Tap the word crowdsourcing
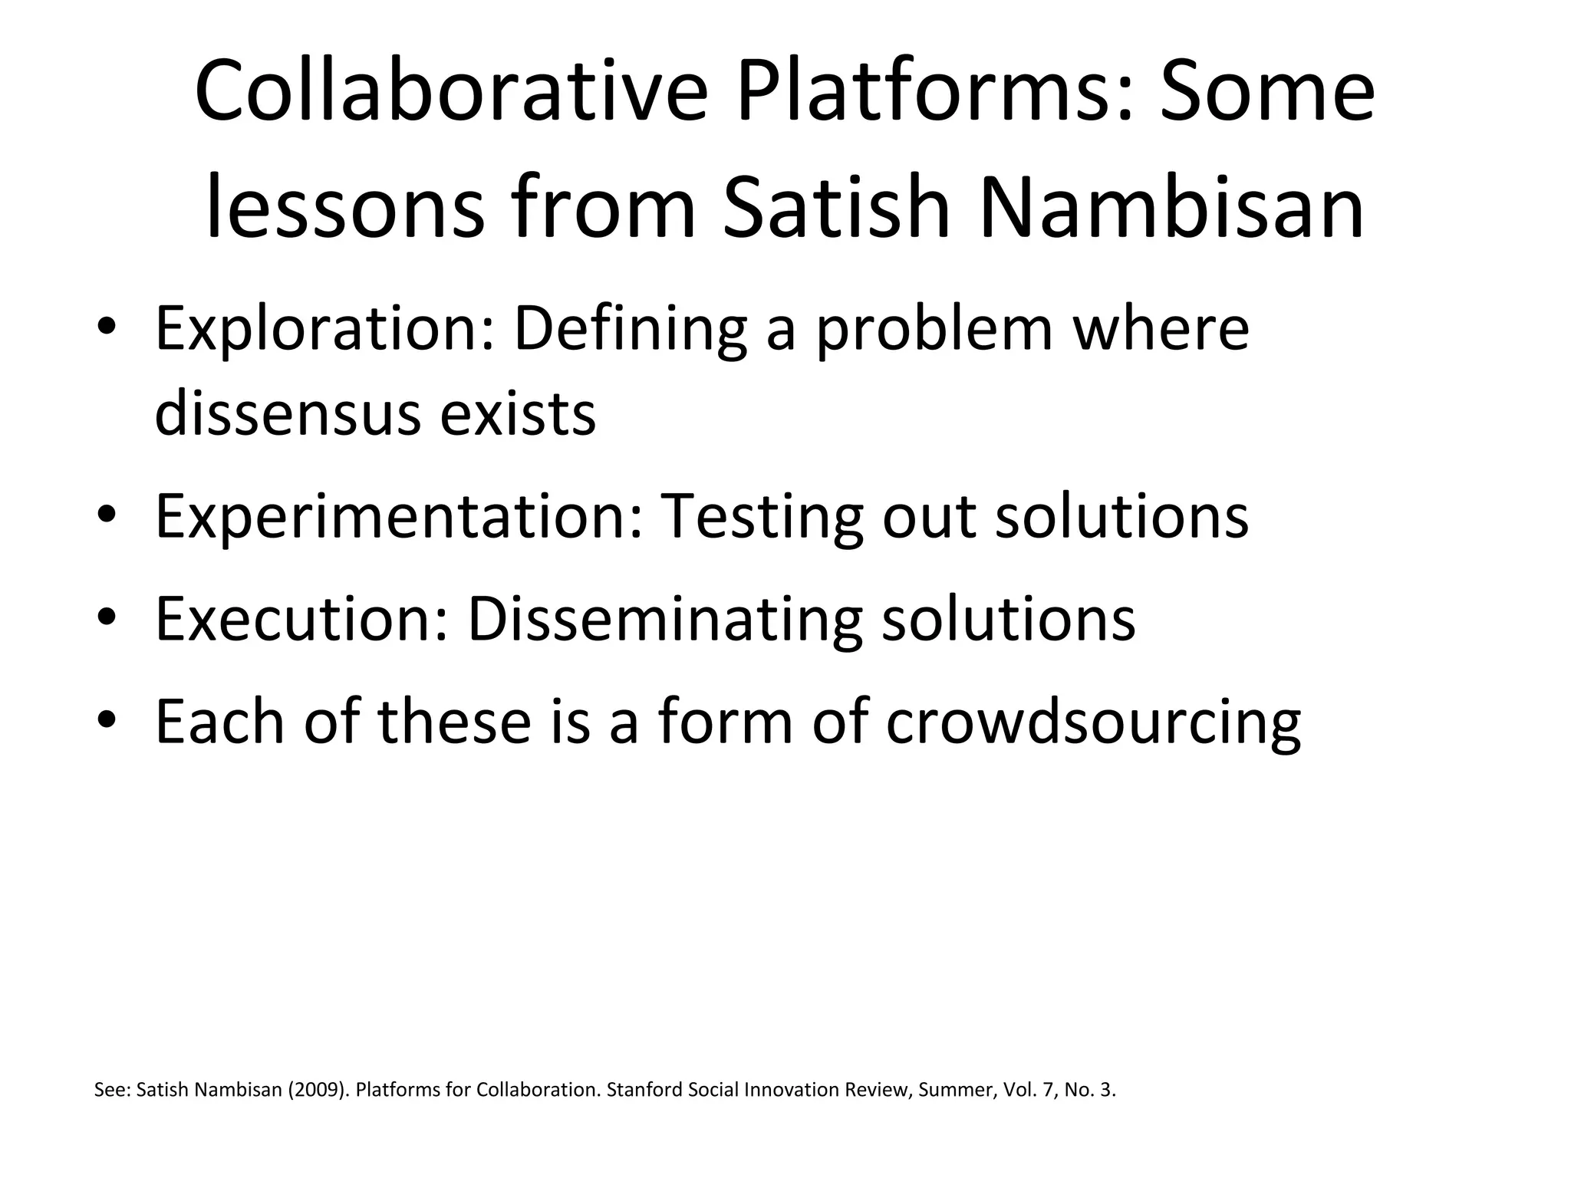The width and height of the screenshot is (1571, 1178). [1093, 722]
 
